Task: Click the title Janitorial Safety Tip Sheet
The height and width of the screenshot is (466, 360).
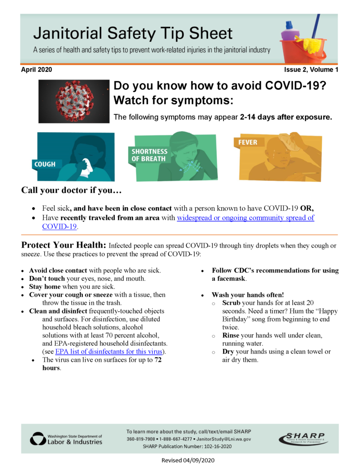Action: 133,33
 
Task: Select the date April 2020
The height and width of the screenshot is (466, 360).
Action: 36,70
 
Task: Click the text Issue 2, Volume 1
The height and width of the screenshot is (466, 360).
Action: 311,70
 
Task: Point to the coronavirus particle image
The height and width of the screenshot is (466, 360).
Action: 74,101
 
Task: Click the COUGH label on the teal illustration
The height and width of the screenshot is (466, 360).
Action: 45,164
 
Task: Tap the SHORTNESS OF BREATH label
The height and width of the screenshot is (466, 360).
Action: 149,155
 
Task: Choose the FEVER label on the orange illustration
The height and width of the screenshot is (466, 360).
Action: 247,142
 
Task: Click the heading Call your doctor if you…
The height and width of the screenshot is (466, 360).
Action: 71,190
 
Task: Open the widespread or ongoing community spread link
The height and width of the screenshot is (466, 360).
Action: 245,218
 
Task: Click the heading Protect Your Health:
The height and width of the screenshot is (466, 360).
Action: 63,245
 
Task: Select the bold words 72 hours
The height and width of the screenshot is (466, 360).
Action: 100,364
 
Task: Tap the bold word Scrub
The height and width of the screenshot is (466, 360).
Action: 232,303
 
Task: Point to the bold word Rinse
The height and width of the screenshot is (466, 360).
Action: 231,335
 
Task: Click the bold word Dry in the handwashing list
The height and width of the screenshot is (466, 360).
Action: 228,352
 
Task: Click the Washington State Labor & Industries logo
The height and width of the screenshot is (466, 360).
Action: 66,439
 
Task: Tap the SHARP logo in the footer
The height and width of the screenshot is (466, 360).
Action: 303,439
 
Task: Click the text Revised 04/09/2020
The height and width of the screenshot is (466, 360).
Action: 188,460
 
